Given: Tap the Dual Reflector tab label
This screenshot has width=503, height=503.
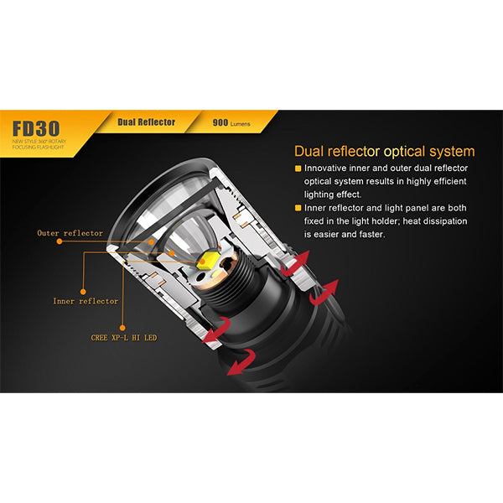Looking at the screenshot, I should pos(147,122).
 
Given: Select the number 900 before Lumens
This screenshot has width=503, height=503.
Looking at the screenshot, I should pos(220,122).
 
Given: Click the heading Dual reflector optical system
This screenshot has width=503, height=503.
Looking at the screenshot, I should pos(384,152).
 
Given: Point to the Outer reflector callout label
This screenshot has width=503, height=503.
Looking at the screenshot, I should pos(70,233).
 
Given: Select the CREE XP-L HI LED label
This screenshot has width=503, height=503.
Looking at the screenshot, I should pos(123,338).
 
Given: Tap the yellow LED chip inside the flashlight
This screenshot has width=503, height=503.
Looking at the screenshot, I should pos(206,262).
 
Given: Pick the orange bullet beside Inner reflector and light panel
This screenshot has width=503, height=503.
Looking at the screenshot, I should pos(298,207).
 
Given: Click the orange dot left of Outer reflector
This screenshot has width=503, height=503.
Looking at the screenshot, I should pos(60,241).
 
